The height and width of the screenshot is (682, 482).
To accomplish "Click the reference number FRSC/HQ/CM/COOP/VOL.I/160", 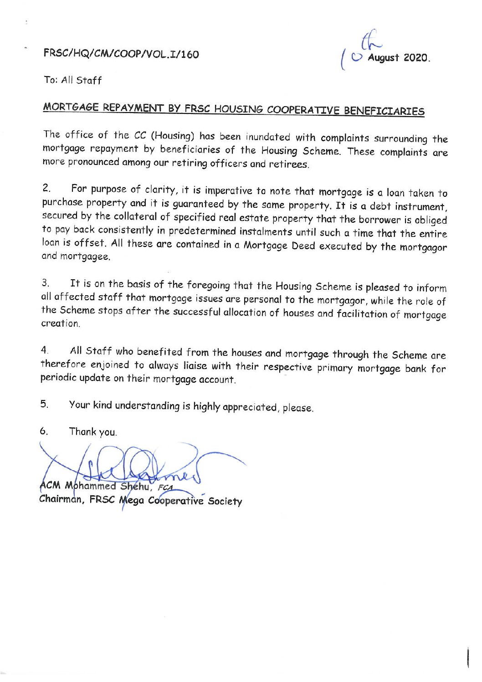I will coord(121,54).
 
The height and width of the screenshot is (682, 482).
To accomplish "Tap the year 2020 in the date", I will coord(416,58).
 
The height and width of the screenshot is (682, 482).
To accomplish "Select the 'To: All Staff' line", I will coord(73,81).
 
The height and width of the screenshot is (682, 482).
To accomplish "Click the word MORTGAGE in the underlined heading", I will coord(71,107).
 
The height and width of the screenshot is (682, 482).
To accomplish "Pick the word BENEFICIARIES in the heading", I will coord(384,111).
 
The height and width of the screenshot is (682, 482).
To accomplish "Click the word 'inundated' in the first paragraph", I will coord(268,137).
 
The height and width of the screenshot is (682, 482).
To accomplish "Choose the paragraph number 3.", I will coord(45,283).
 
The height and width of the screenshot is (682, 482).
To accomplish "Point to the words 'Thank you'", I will coord(93,431).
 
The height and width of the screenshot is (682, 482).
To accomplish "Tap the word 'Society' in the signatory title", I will coord(225,502).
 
